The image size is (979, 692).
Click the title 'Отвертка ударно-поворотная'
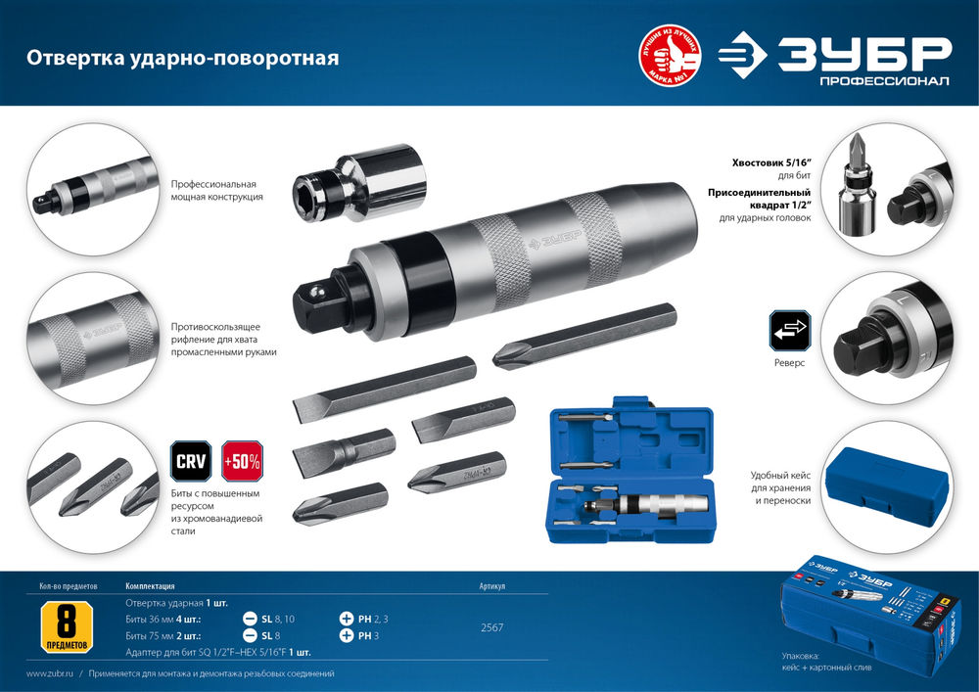point(182,58)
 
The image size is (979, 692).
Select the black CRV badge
point(190,461)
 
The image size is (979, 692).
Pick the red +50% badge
point(241,461)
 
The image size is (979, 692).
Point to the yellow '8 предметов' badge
point(67,627)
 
